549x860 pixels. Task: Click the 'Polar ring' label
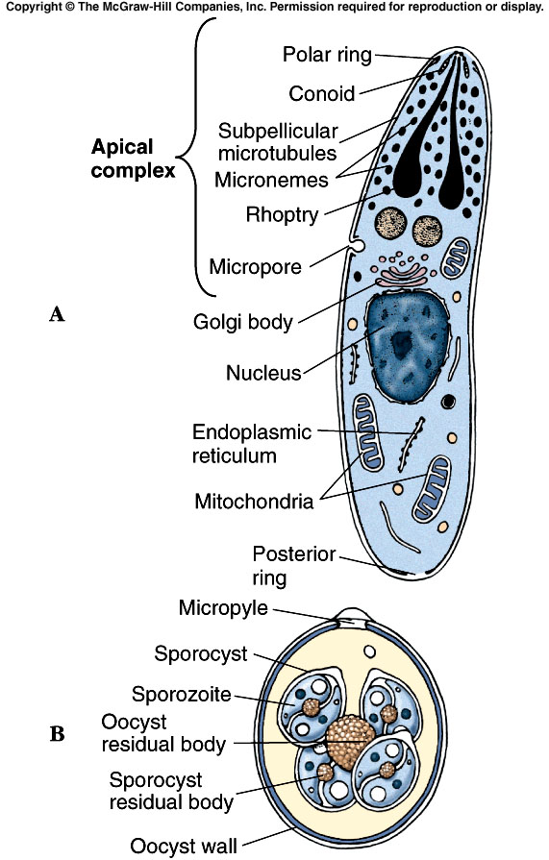coord(327,55)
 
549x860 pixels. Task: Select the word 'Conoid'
coord(322,93)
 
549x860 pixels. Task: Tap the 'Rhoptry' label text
coord(281,215)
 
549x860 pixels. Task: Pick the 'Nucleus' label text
coord(263,372)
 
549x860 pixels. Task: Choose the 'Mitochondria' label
coord(254,501)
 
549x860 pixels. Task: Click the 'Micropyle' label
coord(223,608)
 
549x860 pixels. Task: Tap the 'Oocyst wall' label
coord(184,846)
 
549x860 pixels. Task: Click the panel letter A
coord(57,313)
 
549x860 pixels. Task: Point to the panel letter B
coord(57,734)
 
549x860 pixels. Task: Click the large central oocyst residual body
coord(352,739)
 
